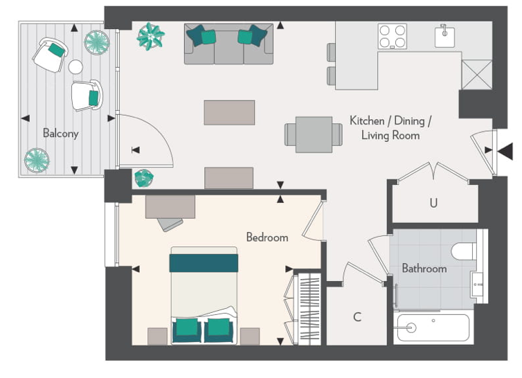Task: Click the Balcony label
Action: [61, 133]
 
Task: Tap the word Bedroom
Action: [267, 237]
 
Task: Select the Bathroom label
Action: [424, 268]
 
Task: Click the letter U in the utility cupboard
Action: [433, 203]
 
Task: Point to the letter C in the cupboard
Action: [357, 316]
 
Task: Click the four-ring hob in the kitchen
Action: [392, 36]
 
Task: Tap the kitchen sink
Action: [444, 36]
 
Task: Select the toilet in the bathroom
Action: [464, 251]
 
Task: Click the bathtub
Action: [433, 327]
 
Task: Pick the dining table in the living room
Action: [314, 134]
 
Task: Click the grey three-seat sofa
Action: [228, 44]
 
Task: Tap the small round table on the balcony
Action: [75, 67]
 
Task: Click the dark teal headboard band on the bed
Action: [204, 263]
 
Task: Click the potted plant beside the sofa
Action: [150, 36]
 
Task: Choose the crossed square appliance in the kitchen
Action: [477, 75]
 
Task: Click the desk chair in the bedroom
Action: [170, 224]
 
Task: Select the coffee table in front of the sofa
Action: [229, 113]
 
